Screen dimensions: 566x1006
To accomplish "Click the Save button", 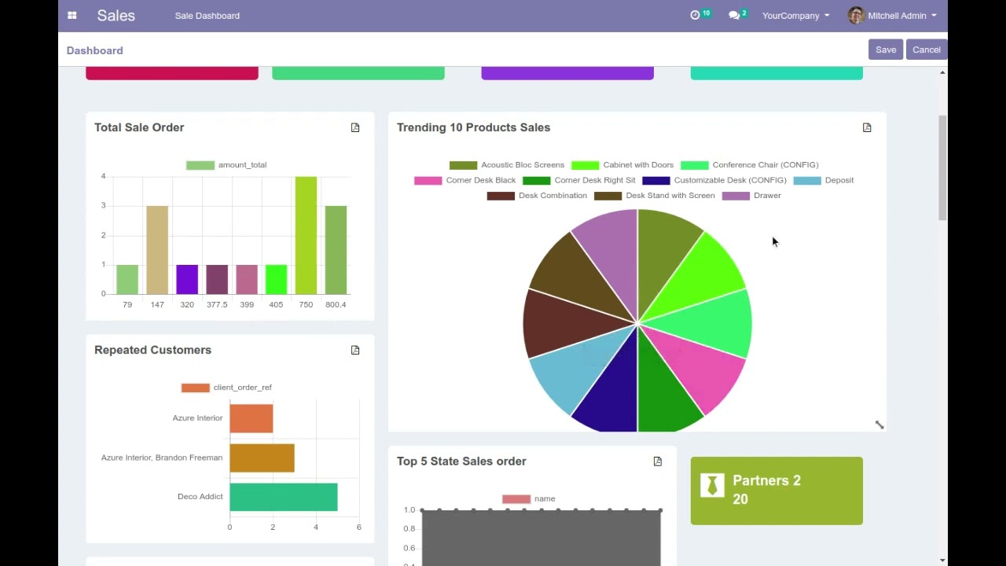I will pyautogui.click(x=886, y=50).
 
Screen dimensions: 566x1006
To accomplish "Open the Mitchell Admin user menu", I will pyautogui.click(x=893, y=16).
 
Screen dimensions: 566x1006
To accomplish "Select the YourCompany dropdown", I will pyautogui.click(x=795, y=16).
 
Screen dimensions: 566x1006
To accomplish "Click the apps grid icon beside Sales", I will pyautogui.click(x=72, y=16).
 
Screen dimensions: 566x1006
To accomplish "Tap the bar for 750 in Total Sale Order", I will pyautogui.click(x=306, y=235).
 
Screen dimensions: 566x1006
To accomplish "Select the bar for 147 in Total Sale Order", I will pyautogui.click(x=157, y=250).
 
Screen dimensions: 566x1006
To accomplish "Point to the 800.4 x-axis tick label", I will pyautogui.click(x=336, y=305).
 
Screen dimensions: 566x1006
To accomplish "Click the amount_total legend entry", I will pyautogui.click(x=227, y=165).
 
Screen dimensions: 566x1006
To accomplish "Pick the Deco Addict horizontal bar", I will pyautogui.click(x=283, y=497).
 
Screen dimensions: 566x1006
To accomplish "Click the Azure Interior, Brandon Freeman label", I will pyautogui.click(x=162, y=458).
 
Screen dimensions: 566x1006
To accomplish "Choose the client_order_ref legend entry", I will pyautogui.click(x=227, y=388).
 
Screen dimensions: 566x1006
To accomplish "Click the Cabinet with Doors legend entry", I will pyautogui.click(x=622, y=165).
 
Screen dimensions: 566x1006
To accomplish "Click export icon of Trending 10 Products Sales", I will pyautogui.click(x=867, y=127).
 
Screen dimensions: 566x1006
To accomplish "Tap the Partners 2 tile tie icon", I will pyautogui.click(x=712, y=485).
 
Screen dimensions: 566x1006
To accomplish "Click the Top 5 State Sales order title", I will pyautogui.click(x=461, y=461).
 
